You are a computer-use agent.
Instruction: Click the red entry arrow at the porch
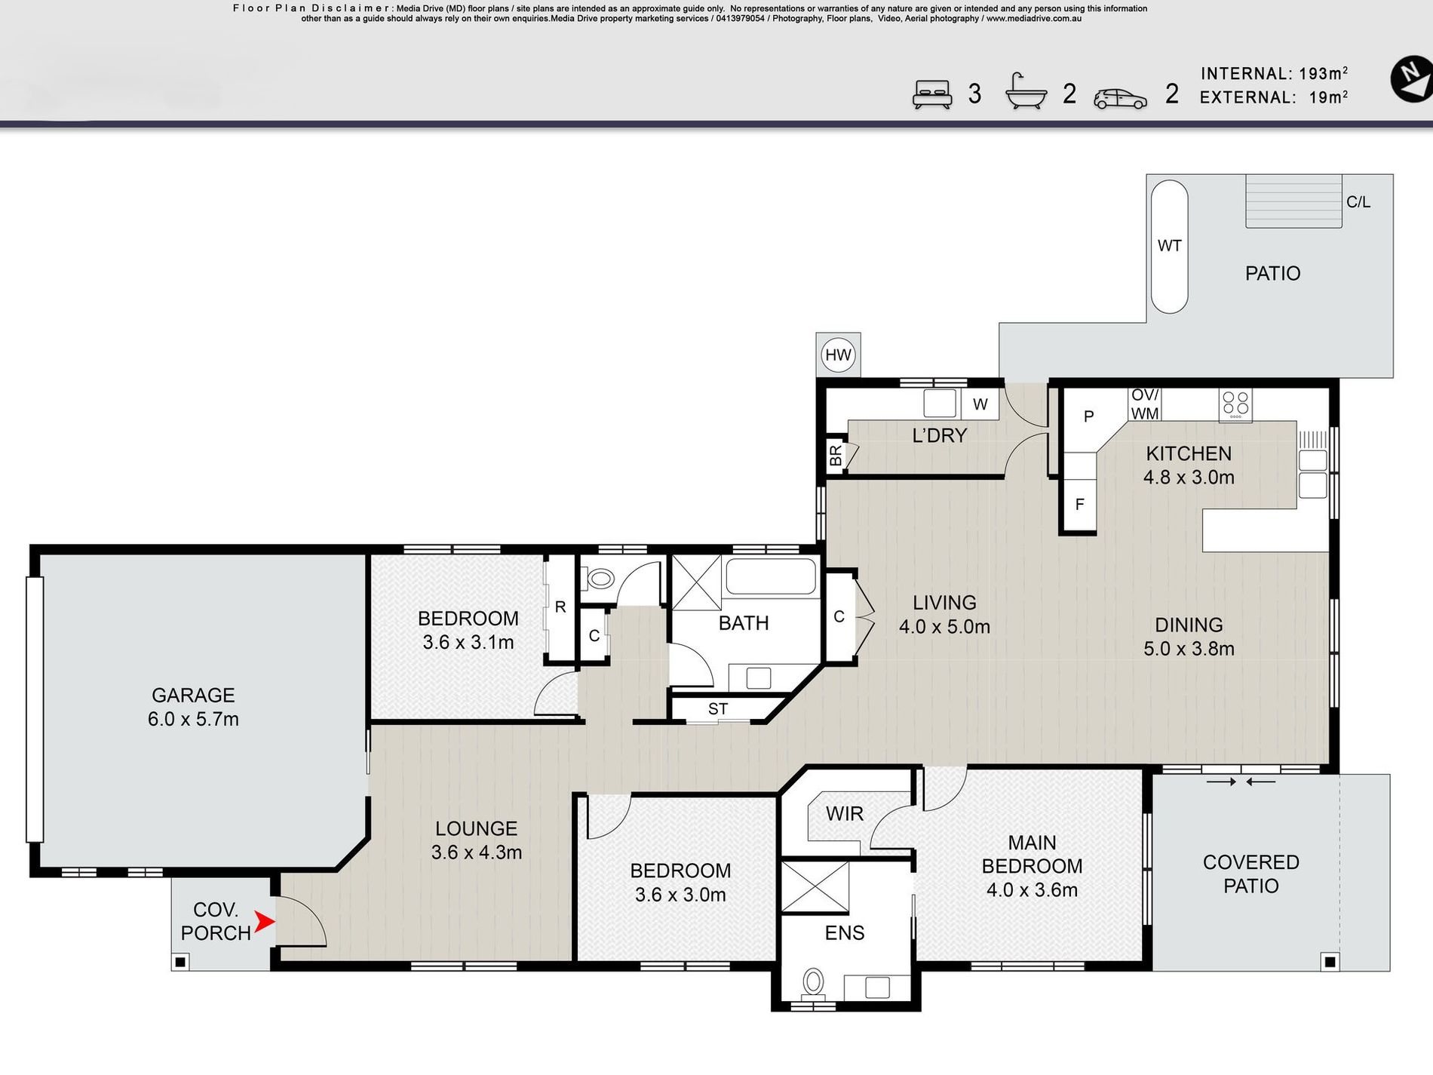click(264, 921)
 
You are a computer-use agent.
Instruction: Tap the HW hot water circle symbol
click(838, 355)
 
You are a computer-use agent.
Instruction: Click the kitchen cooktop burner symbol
click(1235, 405)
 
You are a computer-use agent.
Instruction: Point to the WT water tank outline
click(1169, 246)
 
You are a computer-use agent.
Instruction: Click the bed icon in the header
click(932, 95)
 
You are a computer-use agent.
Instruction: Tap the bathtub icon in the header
click(1026, 92)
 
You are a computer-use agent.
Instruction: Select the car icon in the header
click(1120, 99)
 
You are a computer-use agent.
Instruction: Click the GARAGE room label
click(193, 695)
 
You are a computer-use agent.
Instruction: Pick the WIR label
click(844, 814)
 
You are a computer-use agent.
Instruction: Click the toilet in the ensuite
click(813, 984)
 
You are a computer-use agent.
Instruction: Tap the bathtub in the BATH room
click(770, 577)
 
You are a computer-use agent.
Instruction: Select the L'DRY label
click(939, 435)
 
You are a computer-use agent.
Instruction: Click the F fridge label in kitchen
click(1079, 504)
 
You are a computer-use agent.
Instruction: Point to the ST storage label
click(717, 709)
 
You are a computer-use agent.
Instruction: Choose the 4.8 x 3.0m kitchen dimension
click(1189, 478)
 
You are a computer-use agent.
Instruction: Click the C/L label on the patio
click(1358, 202)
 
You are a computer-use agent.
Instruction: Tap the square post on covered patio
click(1330, 962)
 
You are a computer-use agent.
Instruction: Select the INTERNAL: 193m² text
click(1274, 73)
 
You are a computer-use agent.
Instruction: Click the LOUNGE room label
click(476, 828)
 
